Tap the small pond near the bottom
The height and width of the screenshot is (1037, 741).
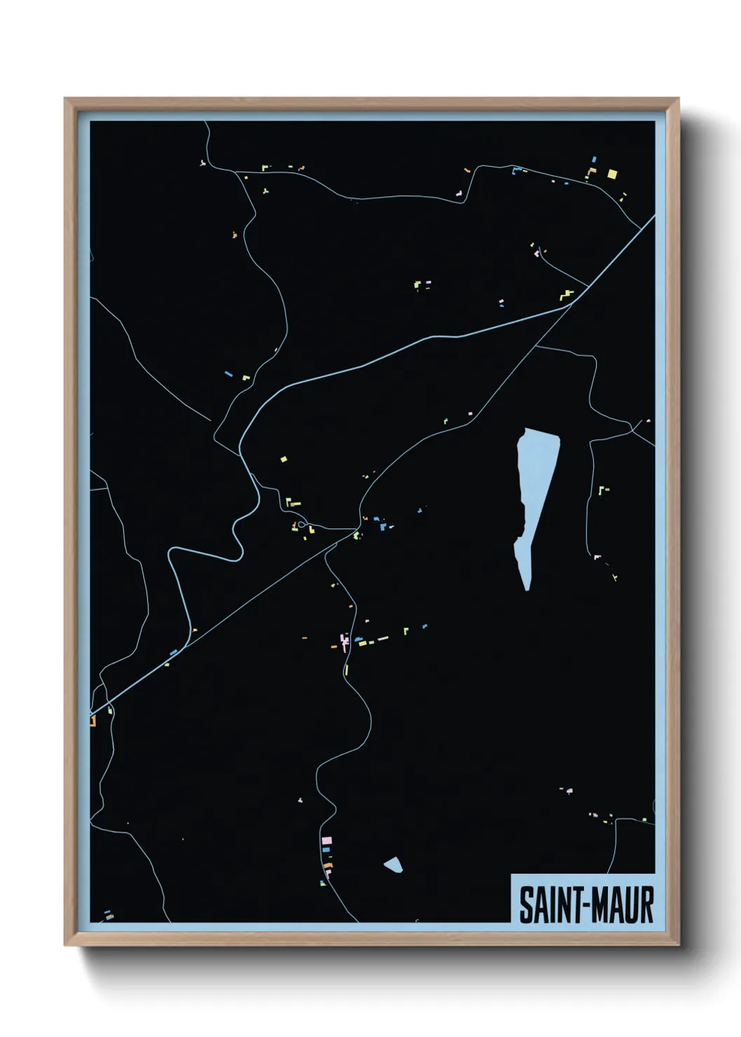[x=394, y=865]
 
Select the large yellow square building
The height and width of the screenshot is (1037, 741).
[x=612, y=174]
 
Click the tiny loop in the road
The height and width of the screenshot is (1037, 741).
[x=302, y=525]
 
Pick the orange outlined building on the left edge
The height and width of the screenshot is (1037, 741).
[x=92, y=720]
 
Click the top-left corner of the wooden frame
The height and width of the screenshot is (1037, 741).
[x=66, y=99]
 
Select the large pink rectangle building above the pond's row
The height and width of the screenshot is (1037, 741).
[x=326, y=840]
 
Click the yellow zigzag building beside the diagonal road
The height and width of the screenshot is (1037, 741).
[x=567, y=295]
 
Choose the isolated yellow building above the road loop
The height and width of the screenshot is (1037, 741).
[x=284, y=460]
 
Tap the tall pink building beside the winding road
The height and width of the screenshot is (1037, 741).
[x=343, y=640]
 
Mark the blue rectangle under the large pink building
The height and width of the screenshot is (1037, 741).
[x=326, y=849]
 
